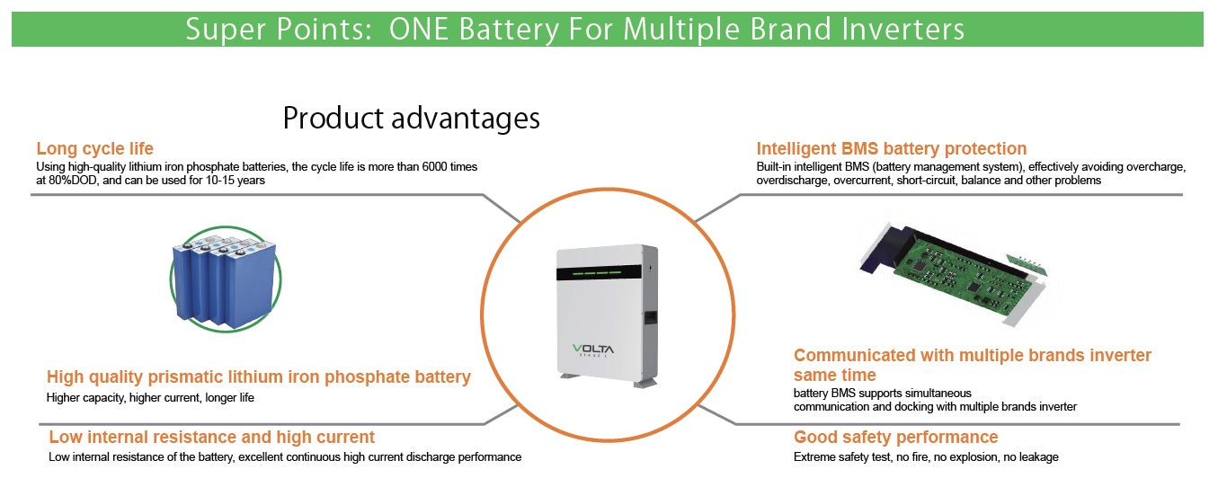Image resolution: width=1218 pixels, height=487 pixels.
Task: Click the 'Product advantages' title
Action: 412,118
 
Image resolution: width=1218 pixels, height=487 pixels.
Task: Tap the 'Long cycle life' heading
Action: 94,149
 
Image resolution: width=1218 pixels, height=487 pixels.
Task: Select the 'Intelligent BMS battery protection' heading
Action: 891,149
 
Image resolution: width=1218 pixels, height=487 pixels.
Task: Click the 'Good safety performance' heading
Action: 895,438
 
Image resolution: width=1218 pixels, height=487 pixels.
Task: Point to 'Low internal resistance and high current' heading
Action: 211,438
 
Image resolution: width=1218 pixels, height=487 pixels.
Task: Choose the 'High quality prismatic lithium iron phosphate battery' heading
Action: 258,377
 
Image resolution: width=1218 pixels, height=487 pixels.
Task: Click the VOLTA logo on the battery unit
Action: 602,350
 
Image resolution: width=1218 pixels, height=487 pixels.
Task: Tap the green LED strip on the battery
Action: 601,272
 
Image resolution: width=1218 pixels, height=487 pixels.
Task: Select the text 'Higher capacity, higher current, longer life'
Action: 150,397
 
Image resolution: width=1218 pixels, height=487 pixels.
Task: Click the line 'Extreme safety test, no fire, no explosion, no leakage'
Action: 926,457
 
